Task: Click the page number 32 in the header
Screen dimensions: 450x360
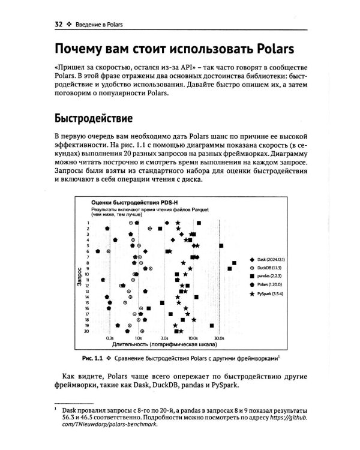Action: (58, 24)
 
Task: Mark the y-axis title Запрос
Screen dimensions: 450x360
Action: (79, 277)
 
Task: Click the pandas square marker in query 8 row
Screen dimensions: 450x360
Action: (233, 263)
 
